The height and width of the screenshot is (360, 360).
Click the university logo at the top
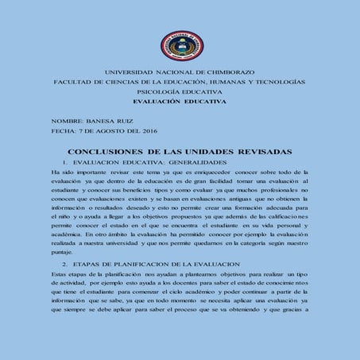pos(179,46)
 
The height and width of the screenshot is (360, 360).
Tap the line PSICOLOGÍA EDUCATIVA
pos(179,92)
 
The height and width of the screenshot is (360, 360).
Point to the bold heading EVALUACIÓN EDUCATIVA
pos(179,102)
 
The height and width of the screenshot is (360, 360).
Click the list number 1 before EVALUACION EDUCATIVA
pos(63,161)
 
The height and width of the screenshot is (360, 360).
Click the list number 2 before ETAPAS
pos(63,263)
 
